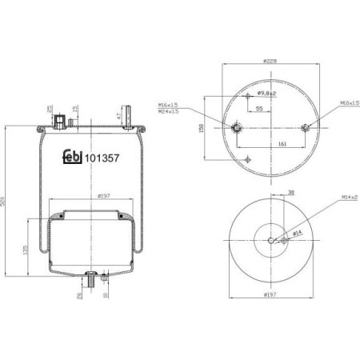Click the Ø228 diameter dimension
(271, 62)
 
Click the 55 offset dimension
(260, 106)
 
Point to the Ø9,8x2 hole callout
(265, 94)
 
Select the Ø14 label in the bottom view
(294, 234)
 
